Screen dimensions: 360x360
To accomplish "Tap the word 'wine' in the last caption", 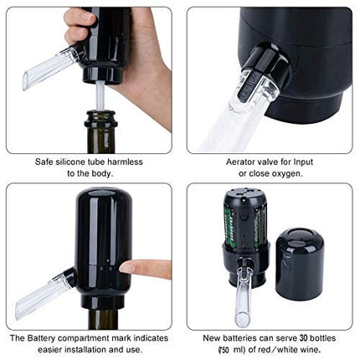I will click(x=306, y=349).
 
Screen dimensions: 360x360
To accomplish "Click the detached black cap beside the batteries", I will click(x=299, y=263).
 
